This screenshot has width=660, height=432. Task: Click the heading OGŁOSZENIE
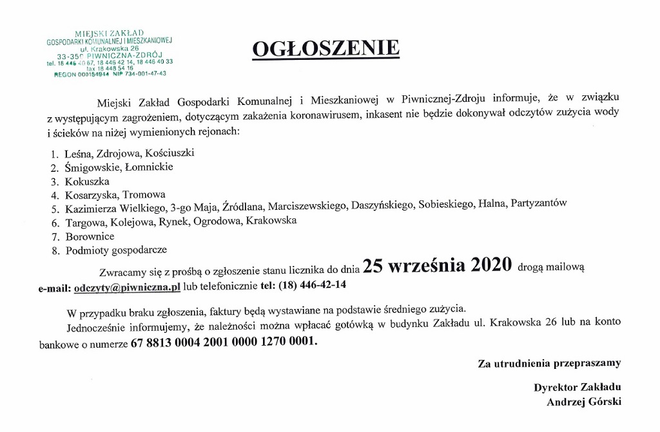(x=325, y=48)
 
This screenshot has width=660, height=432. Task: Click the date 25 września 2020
(x=437, y=265)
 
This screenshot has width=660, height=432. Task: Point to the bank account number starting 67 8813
(x=224, y=343)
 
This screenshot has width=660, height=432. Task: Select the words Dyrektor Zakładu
(x=577, y=388)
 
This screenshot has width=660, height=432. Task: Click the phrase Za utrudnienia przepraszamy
(x=549, y=363)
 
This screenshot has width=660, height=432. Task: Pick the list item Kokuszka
(x=87, y=182)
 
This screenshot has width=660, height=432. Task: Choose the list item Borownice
(x=90, y=236)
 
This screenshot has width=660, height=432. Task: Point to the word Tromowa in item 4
(x=144, y=194)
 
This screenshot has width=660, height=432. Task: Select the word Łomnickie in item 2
(x=149, y=167)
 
